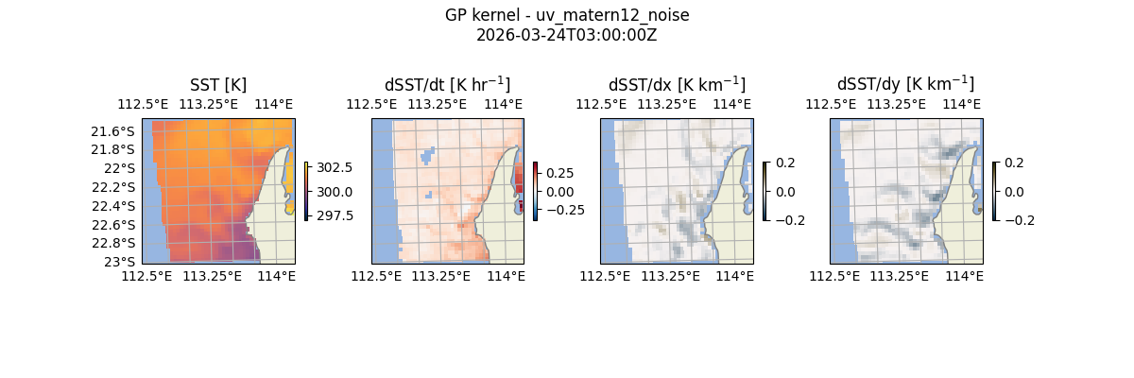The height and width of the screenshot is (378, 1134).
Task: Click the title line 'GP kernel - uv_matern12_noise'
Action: (x=567, y=15)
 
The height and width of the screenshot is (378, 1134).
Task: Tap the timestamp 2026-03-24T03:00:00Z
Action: (x=567, y=35)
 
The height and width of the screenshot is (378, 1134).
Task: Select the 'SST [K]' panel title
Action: (x=218, y=85)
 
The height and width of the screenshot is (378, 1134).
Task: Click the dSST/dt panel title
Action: (x=447, y=85)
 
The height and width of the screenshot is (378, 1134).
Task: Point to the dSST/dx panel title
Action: (x=677, y=85)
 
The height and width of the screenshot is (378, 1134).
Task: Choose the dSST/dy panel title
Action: (x=905, y=85)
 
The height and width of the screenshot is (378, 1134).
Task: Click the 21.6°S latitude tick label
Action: (x=112, y=131)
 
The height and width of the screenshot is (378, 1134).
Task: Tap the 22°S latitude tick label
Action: (x=120, y=168)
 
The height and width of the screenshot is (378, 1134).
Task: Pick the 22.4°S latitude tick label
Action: (x=112, y=206)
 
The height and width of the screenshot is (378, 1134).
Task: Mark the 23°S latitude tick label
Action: (x=120, y=262)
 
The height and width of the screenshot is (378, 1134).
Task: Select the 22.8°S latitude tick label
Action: (x=112, y=243)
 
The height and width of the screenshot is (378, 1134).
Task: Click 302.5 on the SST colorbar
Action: (x=335, y=168)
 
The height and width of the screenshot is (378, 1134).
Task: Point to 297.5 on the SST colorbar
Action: (x=335, y=215)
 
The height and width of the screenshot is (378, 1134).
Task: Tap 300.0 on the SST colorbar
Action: (x=335, y=192)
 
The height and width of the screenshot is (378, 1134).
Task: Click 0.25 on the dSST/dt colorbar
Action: (x=560, y=174)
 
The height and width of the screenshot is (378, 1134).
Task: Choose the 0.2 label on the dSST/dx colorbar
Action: (x=785, y=163)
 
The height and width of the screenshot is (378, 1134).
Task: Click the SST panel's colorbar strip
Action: (x=307, y=192)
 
